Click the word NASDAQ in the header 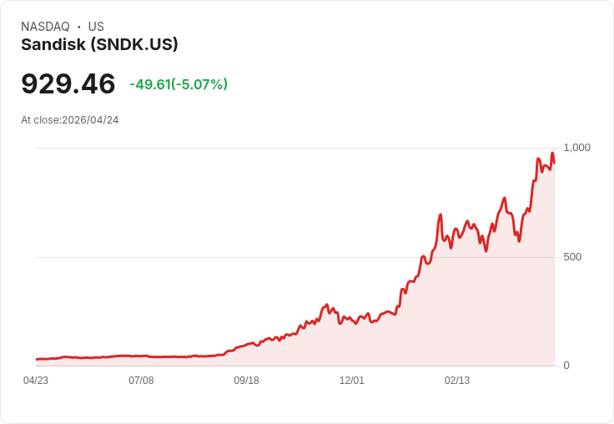pos(45,27)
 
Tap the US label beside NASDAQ pos(96,27)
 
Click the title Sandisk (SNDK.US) pos(99,45)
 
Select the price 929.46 pos(68,84)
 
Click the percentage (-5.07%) pos(199,84)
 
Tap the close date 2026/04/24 pos(90,120)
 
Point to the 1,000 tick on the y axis pos(576,148)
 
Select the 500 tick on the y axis pos(572,257)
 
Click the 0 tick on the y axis pos(566,366)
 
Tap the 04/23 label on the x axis pos(36,381)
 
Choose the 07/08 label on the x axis pos(141,381)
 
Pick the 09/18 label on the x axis pos(246,381)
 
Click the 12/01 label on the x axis pos(352,381)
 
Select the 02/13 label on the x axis pos(457,381)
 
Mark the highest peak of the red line pos(551,154)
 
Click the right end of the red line pos(554,163)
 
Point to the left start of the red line pos(37,359)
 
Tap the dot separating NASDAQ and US pos(79,27)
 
